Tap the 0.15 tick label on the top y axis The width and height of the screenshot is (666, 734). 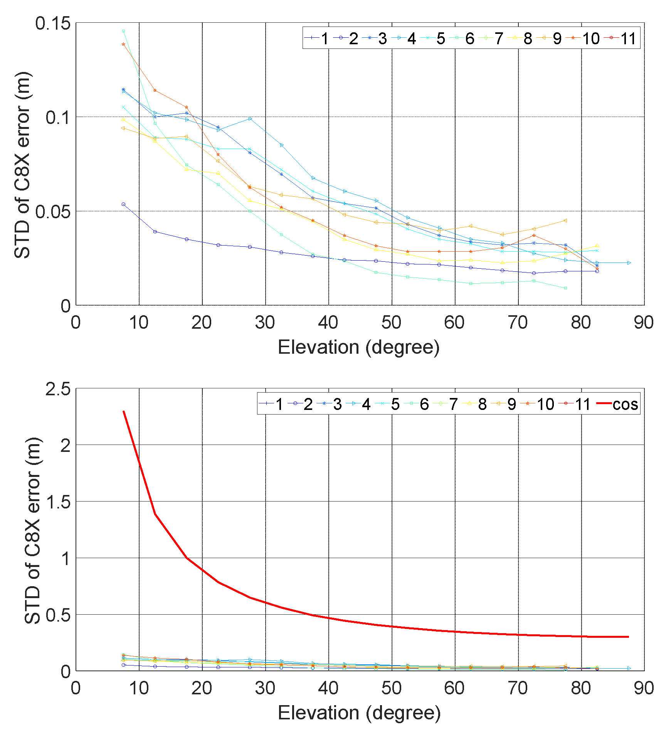pyautogui.click(x=53, y=23)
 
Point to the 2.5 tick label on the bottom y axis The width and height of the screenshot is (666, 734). pyautogui.click(x=58, y=389)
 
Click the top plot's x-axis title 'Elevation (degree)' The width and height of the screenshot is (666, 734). pyautogui.click(x=358, y=347)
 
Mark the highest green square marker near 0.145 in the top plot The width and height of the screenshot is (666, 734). pyautogui.click(x=123, y=31)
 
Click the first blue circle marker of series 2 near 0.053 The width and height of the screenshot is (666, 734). pyautogui.click(x=123, y=204)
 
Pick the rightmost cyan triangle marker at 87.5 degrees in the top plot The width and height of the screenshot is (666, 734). pyautogui.click(x=629, y=263)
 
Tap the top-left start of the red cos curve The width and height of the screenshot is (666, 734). pyautogui.click(x=124, y=411)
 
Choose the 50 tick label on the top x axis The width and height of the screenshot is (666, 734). pyautogui.click(x=392, y=323)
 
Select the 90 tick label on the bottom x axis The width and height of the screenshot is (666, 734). pyautogui.click(x=644, y=688)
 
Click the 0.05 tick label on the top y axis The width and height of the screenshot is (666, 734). pyautogui.click(x=53, y=212)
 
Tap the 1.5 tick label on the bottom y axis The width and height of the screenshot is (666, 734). pyautogui.click(x=58, y=502)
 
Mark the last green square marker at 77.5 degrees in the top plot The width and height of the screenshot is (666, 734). pyautogui.click(x=566, y=288)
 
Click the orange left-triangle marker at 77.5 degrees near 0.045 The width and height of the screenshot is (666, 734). pyautogui.click(x=565, y=221)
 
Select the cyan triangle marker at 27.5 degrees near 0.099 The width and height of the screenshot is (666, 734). pyautogui.click(x=250, y=119)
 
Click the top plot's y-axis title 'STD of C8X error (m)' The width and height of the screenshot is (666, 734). pyautogui.click(x=22, y=165)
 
